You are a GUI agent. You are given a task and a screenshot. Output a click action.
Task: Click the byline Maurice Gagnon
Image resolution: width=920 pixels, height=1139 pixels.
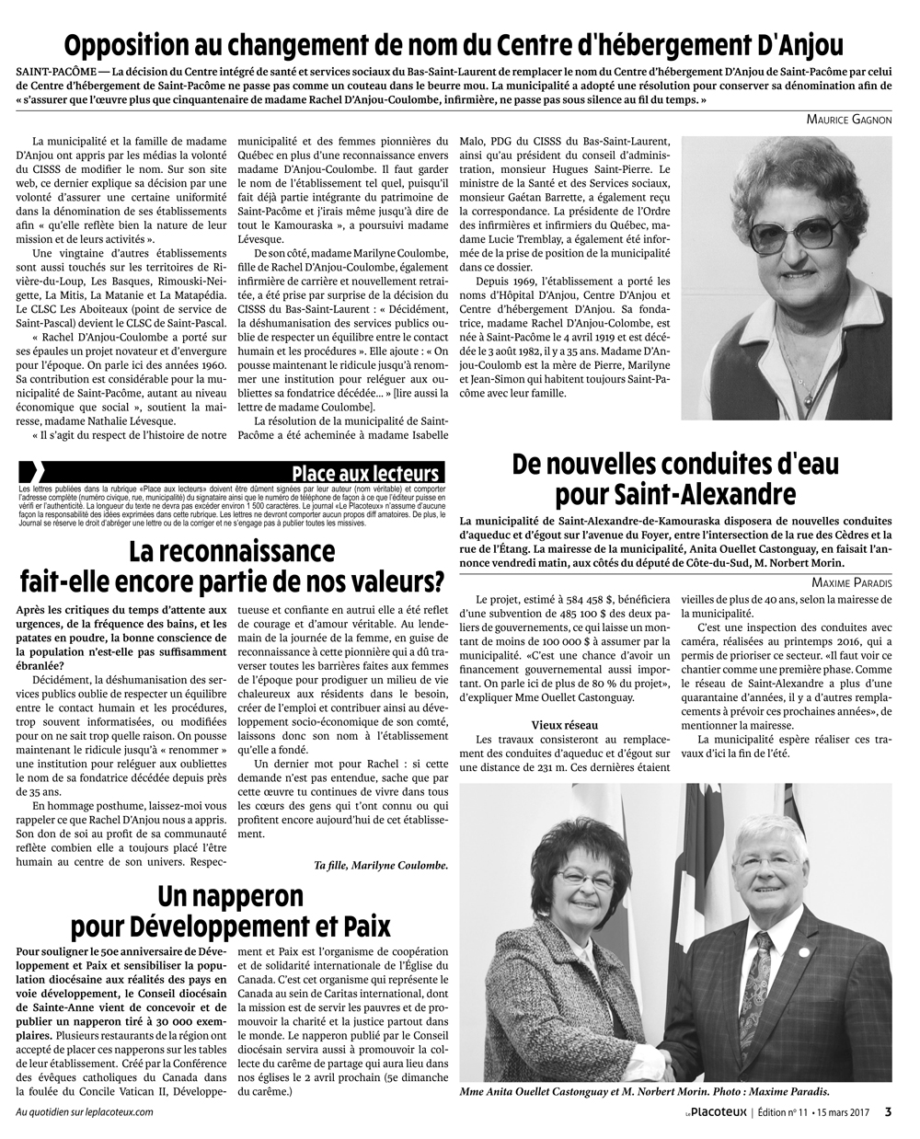click(848, 120)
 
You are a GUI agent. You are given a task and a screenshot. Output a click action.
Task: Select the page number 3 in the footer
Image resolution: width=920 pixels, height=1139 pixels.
click(888, 1110)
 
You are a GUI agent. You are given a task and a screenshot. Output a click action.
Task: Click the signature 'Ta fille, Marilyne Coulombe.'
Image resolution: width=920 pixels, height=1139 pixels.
click(381, 866)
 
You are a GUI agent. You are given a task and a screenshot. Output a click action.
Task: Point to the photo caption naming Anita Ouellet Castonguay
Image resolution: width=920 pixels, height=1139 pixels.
click(644, 1092)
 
